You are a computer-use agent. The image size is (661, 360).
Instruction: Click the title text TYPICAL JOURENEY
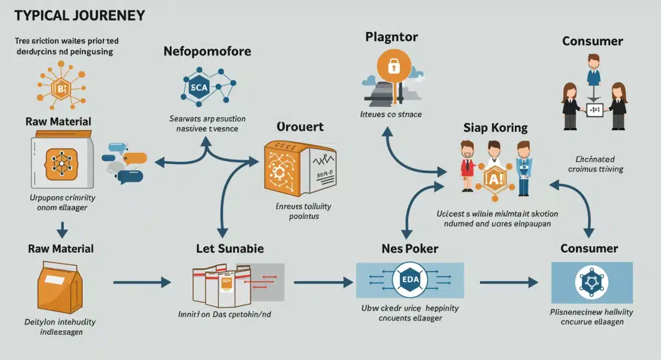pos(79,15)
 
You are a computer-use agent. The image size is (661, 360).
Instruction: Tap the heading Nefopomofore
pos(207,52)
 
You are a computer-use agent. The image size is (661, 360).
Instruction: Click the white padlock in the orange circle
pos(393,67)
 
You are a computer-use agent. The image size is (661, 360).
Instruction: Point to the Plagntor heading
pos(392,37)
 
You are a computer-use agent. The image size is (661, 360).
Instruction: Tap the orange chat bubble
pos(135,158)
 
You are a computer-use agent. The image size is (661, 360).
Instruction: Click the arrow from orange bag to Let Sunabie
pos(142,282)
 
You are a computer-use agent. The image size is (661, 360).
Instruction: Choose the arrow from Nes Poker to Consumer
pos(508,282)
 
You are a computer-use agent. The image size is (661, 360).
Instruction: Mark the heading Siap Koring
pos(495,128)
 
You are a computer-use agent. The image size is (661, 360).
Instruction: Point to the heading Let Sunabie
pos(230,248)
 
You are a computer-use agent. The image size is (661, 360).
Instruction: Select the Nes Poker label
pos(410,248)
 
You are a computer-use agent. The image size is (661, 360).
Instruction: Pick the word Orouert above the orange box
pos(300,127)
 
